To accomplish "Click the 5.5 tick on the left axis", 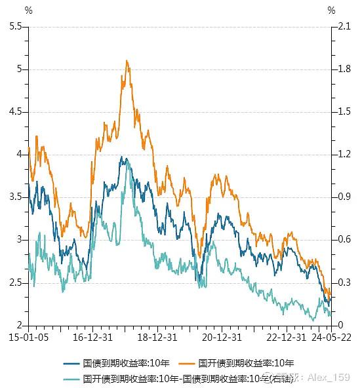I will pyautogui.click(x=14, y=26).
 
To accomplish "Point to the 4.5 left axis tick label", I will pyautogui.click(x=14, y=111).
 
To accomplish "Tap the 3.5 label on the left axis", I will pyautogui.click(x=14, y=197).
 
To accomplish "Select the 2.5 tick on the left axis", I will pyautogui.click(x=14, y=282).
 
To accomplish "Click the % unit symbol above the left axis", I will pyautogui.click(x=28, y=10).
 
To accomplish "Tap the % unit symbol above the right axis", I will pyautogui.click(x=330, y=10).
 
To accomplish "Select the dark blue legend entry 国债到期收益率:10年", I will pyautogui.click(x=121, y=363).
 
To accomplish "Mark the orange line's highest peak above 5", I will pyautogui.click(x=127, y=61).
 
